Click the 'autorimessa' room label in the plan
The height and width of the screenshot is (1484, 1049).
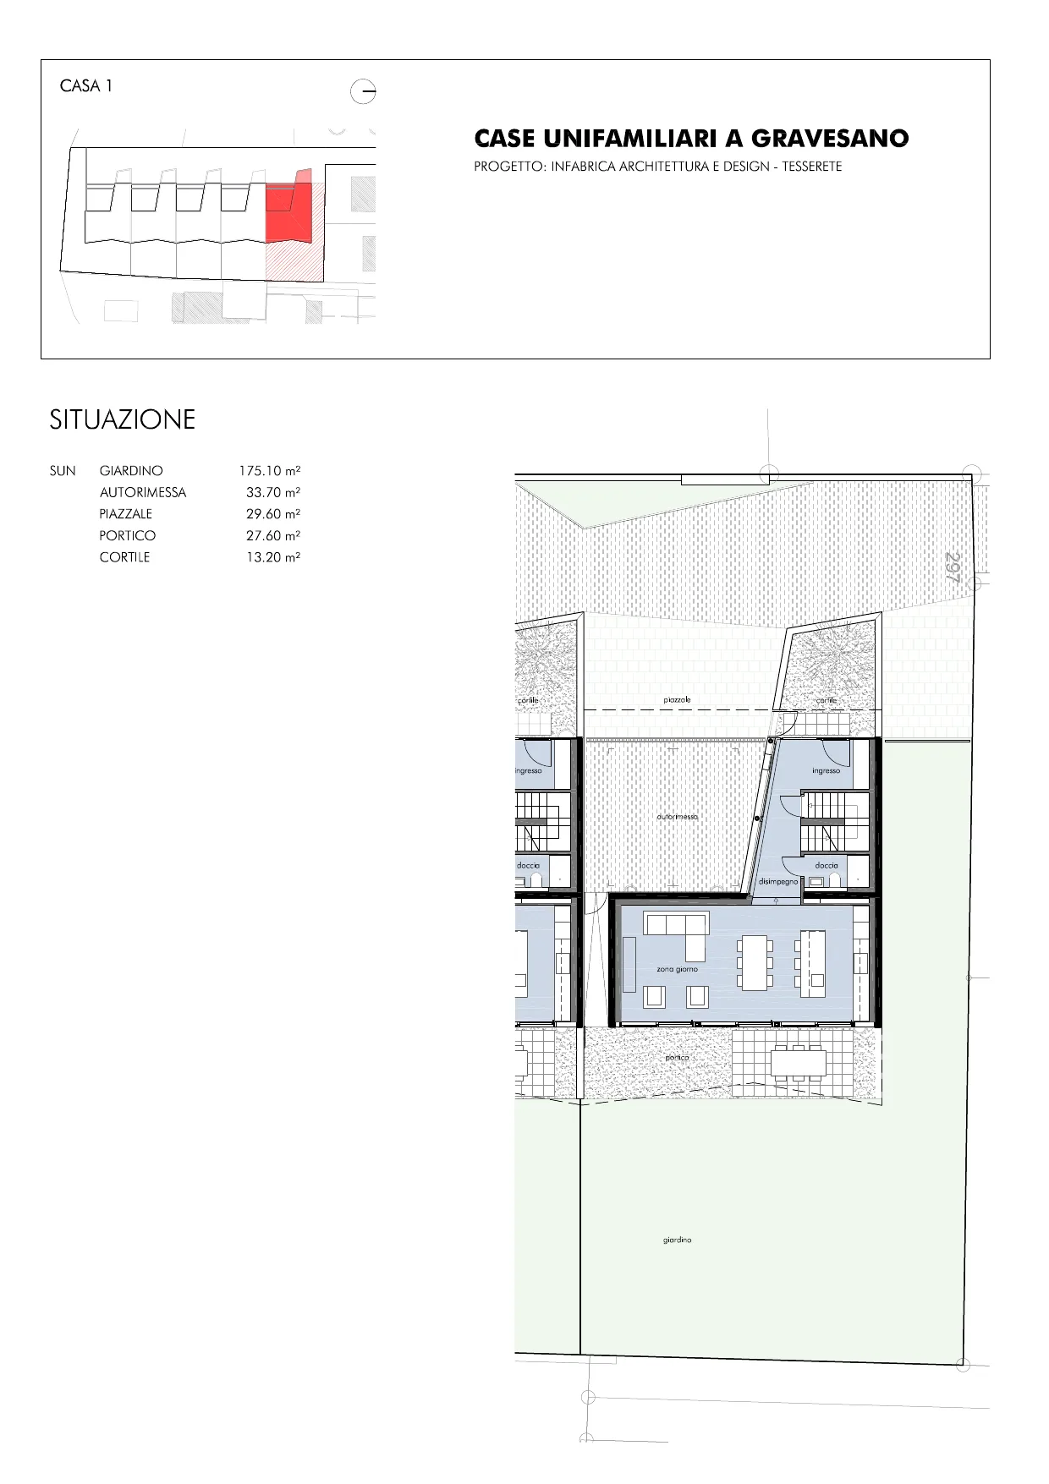[x=677, y=817]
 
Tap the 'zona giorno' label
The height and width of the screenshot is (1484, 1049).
[x=677, y=969]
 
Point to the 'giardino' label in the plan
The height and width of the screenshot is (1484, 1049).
[x=677, y=1240]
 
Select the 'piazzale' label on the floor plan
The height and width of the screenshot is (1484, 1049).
[x=677, y=700]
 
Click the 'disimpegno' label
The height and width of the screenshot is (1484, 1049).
[x=777, y=881]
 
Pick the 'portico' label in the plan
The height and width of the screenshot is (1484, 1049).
[x=677, y=1057]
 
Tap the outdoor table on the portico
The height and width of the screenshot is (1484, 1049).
[x=799, y=1062]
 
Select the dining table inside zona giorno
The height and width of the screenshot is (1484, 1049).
[x=755, y=961]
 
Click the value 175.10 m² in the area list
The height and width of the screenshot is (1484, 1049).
[x=270, y=471]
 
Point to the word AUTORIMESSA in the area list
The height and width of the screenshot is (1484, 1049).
[x=142, y=492]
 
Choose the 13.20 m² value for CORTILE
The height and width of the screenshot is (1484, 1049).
[x=273, y=557]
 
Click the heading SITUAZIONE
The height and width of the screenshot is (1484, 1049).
[x=123, y=419]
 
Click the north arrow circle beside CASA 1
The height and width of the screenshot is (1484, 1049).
[x=363, y=90]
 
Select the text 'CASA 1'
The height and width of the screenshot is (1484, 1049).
[x=86, y=85]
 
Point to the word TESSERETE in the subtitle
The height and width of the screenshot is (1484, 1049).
[x=811, y=167]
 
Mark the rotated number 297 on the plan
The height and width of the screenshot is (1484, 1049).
[x=953, y=566]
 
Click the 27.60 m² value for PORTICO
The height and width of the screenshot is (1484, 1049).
[x=273, y=535]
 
